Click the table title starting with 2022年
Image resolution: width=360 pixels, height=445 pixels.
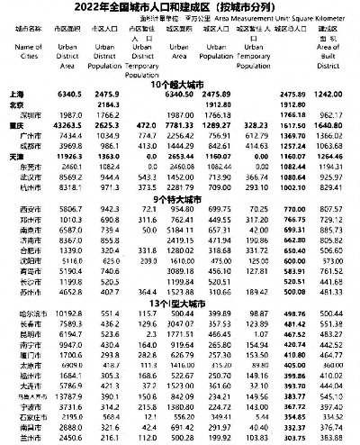180,8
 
